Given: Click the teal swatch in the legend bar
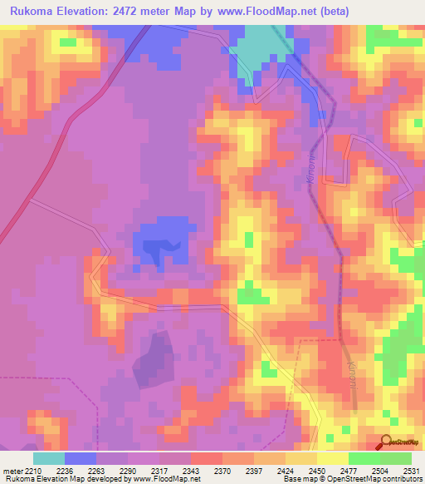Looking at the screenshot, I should click(x=49, y=458).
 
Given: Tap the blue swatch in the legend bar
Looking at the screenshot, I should click(x=81, y=458).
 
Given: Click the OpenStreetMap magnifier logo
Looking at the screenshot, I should click(x=386, y=442).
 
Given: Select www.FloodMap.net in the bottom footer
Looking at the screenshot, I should click(x=158, y=479).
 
